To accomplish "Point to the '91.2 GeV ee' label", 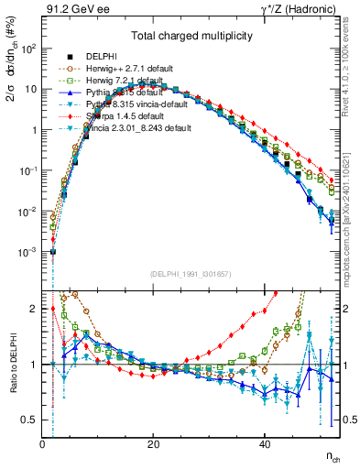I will [x=75, y=9].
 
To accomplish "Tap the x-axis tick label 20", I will [x=154, y=443].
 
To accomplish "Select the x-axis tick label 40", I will [x=265, y=443].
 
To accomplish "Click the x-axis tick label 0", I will [x=43, y=443].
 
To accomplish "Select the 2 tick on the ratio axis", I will [x=34, y=309].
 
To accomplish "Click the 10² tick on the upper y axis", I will [x=27, y=49].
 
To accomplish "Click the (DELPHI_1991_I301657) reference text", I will [x=191, y=275].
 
